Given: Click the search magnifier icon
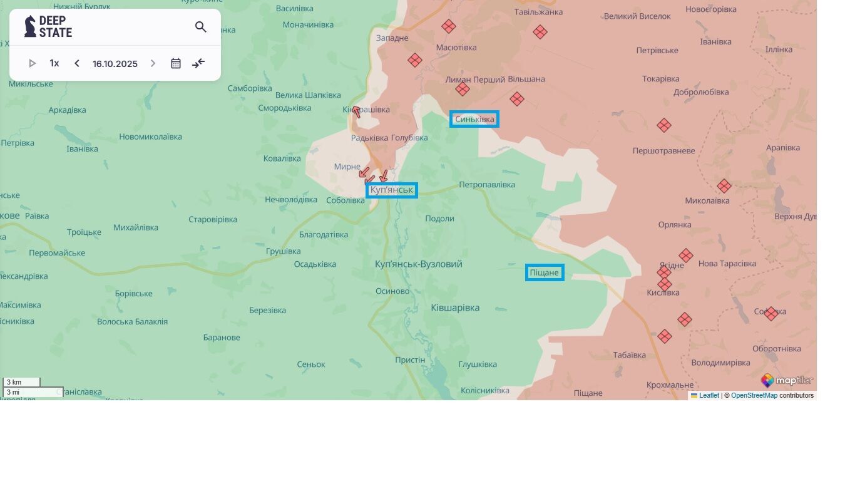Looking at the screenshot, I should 200,27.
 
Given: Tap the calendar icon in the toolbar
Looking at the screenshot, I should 176,63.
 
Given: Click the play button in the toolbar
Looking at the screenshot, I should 33,63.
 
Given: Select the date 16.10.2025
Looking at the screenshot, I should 115,64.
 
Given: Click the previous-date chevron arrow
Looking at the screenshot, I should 77,63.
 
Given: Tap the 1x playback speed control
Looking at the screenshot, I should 54,63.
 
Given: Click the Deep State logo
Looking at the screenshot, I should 48,26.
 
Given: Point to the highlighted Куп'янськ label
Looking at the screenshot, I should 392,190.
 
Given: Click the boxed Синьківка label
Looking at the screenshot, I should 474,119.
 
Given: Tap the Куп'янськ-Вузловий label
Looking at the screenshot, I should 419,264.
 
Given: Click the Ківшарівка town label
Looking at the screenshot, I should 455,308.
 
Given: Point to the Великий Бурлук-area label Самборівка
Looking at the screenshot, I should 250,88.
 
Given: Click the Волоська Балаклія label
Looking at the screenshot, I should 132,322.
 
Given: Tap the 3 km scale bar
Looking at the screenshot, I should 21,382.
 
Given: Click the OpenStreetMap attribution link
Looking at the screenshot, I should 754,396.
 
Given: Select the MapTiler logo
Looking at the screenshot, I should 787,380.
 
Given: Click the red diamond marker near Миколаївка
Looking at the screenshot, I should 724,186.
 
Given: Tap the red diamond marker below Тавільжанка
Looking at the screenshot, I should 540,32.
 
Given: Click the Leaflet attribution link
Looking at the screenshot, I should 709,396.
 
